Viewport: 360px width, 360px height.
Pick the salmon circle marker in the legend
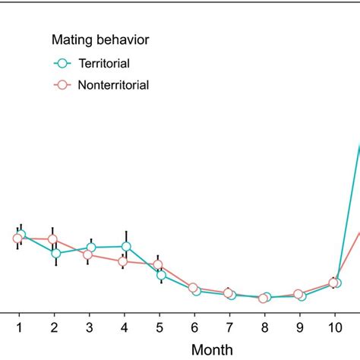tap(64, 85)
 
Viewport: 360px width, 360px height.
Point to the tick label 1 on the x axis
tap(19, 327)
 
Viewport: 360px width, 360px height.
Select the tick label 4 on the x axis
tap(125, 327)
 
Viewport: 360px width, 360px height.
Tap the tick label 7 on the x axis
tap(229, 327)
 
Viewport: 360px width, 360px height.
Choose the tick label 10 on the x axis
tap(334, 327)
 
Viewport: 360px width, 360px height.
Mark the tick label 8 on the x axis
tap(264, 327)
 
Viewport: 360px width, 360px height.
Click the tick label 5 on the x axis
tap(159, 327)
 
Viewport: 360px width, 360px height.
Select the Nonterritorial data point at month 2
tap(53, 239)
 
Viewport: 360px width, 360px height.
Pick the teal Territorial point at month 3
tap(91, 248)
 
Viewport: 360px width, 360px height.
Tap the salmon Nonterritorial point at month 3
tap(88, 254)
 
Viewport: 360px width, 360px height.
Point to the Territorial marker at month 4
tap(126, 247)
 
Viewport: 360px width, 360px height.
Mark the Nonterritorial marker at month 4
tap(123, 261)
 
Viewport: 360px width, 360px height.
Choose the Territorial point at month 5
tap(161, 275)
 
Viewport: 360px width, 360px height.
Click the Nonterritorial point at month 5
tap(158, 265)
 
